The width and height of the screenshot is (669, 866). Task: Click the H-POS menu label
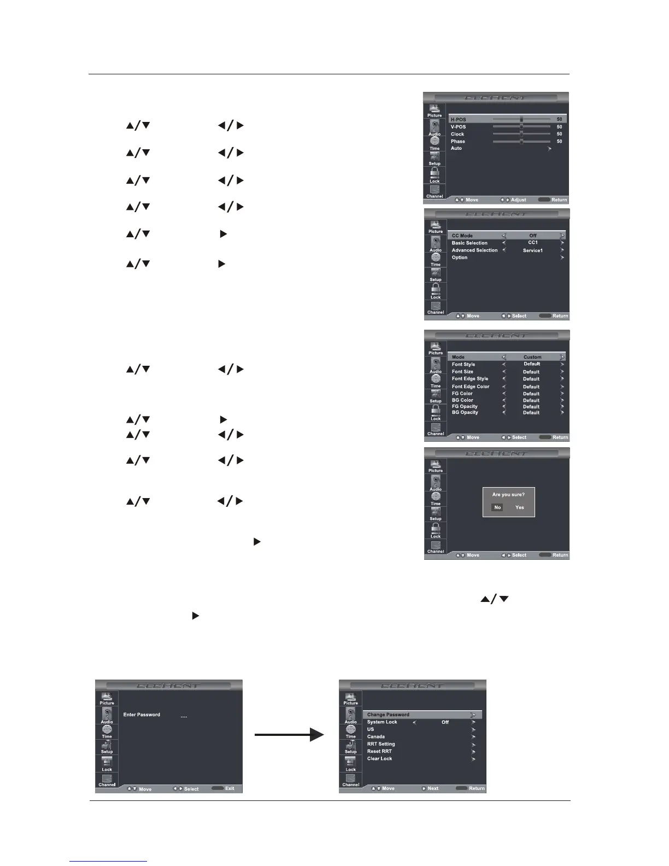pyautogui.click(x=458, y=119)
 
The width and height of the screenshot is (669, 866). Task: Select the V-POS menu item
pyautogui.click(x=458, y=127)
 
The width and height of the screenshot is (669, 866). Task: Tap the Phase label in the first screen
pyautogui.click(x=457, y=141)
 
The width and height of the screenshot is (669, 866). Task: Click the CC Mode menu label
pyautogui.click(x=462, y=236)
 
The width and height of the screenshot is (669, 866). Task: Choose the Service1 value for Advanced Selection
pyautogui.click(x=532, y=250)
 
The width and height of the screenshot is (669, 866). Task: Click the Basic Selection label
pyautogui.click(x=469, y=243)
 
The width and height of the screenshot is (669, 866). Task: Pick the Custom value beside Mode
pyautogui.click(x=532, y=357)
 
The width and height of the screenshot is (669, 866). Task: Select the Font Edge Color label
pyautogui.click(x=470, y=387)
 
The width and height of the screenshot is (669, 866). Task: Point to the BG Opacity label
pyautogui.click(x=465, y=412)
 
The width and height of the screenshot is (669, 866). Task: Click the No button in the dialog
pyautogui.click(x=497, y=507)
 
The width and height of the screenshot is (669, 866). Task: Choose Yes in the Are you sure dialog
pyautogui.click(x=519, y=507)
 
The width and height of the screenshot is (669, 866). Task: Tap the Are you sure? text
pyautogui.click(x=508, y=495)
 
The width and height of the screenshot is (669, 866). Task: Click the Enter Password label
pyautogui.click(x=142, y=715)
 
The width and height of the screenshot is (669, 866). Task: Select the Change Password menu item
pyautogui.click(x=388, y=715)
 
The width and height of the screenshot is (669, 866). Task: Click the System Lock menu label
pyautogui.click(x=382, y=722)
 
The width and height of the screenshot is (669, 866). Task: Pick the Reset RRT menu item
pyautogui.click(x=379, y=751)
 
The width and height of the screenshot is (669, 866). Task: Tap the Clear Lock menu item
pyautogui.click(x=379, y=758)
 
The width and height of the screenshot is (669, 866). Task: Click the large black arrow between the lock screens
pyautogui.click(x=289, y=735)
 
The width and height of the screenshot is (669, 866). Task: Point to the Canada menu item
pyautogui.click(x=375, y=736)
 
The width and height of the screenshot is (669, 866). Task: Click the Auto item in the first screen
pyautogui.click(x=456, y=148)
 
